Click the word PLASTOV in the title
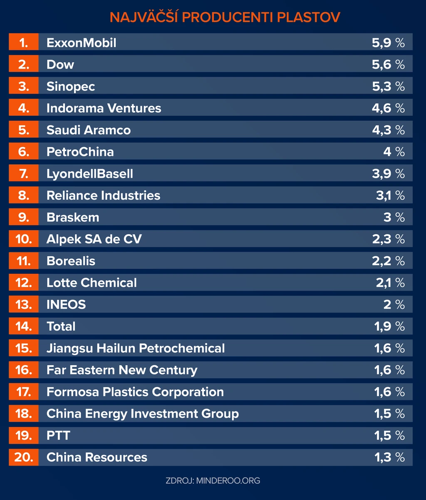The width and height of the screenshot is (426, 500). [308, 17]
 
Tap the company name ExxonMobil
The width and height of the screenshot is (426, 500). [81, 43]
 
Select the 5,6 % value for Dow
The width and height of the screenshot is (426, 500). [388, 64]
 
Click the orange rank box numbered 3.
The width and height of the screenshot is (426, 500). [24, 86]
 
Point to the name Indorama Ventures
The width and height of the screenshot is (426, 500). [104, 108]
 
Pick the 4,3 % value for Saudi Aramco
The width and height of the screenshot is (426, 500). [388, 130]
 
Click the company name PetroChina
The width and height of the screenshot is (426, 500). [80, 152]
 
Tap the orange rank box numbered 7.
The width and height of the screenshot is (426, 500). [24, 173]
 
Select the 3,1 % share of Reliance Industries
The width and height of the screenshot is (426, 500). [390, 196]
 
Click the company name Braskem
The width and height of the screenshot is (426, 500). [73, 218]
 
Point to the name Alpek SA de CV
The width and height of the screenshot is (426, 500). [94, 239]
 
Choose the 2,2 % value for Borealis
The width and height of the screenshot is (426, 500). [388, 261]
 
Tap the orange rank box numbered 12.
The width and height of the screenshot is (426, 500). [24, 282]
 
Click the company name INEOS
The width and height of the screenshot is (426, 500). [66, 304]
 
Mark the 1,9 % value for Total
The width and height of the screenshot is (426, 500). [389, 327]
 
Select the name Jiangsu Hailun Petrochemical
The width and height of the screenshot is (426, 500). [136, 348]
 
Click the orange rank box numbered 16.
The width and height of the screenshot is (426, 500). [24, 370]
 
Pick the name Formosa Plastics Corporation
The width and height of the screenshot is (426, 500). [135, 392]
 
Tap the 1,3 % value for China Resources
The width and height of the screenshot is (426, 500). [389, 458]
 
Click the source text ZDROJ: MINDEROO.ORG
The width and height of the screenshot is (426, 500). [213, 480]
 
